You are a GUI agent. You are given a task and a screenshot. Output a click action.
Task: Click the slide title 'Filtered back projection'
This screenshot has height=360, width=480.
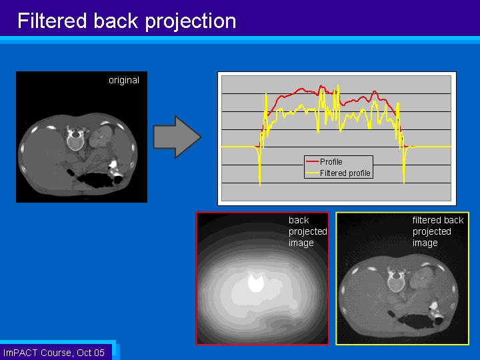[127, 21]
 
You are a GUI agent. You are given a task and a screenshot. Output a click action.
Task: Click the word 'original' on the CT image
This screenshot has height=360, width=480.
[124, 81]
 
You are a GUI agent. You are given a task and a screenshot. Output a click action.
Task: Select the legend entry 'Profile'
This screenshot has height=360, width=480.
[331, 161]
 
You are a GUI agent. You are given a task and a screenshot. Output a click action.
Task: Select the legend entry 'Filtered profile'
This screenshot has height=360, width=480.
[345, 173]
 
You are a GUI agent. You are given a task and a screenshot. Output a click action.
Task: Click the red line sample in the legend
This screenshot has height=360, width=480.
[312, 161]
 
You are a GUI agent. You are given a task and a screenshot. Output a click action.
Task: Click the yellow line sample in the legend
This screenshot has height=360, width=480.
[312, 173]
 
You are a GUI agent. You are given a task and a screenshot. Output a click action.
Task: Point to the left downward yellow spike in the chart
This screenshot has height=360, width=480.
[259, 177]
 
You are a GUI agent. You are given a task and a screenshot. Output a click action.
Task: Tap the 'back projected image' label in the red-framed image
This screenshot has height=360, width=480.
[307, 231]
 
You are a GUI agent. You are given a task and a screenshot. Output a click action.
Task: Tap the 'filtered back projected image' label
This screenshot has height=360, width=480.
[437, 231]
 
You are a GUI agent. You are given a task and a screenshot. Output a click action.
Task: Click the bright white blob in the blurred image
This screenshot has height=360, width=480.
[255, 283]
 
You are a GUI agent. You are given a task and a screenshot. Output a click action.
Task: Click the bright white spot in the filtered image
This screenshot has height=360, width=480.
[434, 307]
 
